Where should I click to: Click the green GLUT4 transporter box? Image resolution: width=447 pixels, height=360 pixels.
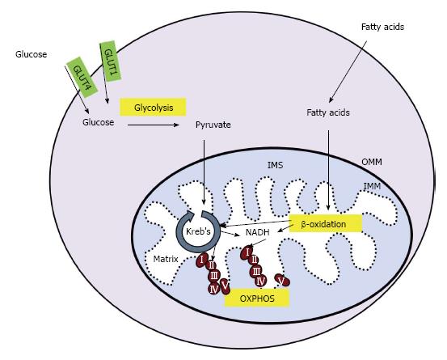coord(82,78)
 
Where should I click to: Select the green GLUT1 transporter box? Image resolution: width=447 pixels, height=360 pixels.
coord(111,61)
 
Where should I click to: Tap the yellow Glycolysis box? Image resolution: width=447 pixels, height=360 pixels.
coord(153,108)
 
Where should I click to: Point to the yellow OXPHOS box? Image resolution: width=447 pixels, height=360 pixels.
coord(257,299)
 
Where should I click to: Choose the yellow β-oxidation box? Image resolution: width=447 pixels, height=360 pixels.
coord(326,223)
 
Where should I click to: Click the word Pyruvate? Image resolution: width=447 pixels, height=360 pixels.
coord(213,125)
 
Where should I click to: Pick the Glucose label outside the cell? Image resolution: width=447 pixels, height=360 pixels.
coord(31,54)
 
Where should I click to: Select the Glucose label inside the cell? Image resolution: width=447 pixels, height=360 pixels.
coord(98,122)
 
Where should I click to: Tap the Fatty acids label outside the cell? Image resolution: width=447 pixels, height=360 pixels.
coord(382,27)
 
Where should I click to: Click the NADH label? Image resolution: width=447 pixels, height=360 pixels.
coord(257,232)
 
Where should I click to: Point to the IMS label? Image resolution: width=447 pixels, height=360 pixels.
coord(275,165)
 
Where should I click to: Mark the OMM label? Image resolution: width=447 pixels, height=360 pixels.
coord(372,162)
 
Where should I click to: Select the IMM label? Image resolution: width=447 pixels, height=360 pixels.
coord(372,186)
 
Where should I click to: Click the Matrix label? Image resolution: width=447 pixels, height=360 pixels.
coord(166,259)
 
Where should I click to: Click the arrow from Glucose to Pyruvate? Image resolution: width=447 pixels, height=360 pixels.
coord(154,125)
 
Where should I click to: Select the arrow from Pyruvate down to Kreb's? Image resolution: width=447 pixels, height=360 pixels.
coord(204,172)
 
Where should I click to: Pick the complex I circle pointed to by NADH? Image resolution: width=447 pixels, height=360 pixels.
coord(247,252)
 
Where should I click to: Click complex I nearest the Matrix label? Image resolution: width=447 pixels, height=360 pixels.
coord(202,260)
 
